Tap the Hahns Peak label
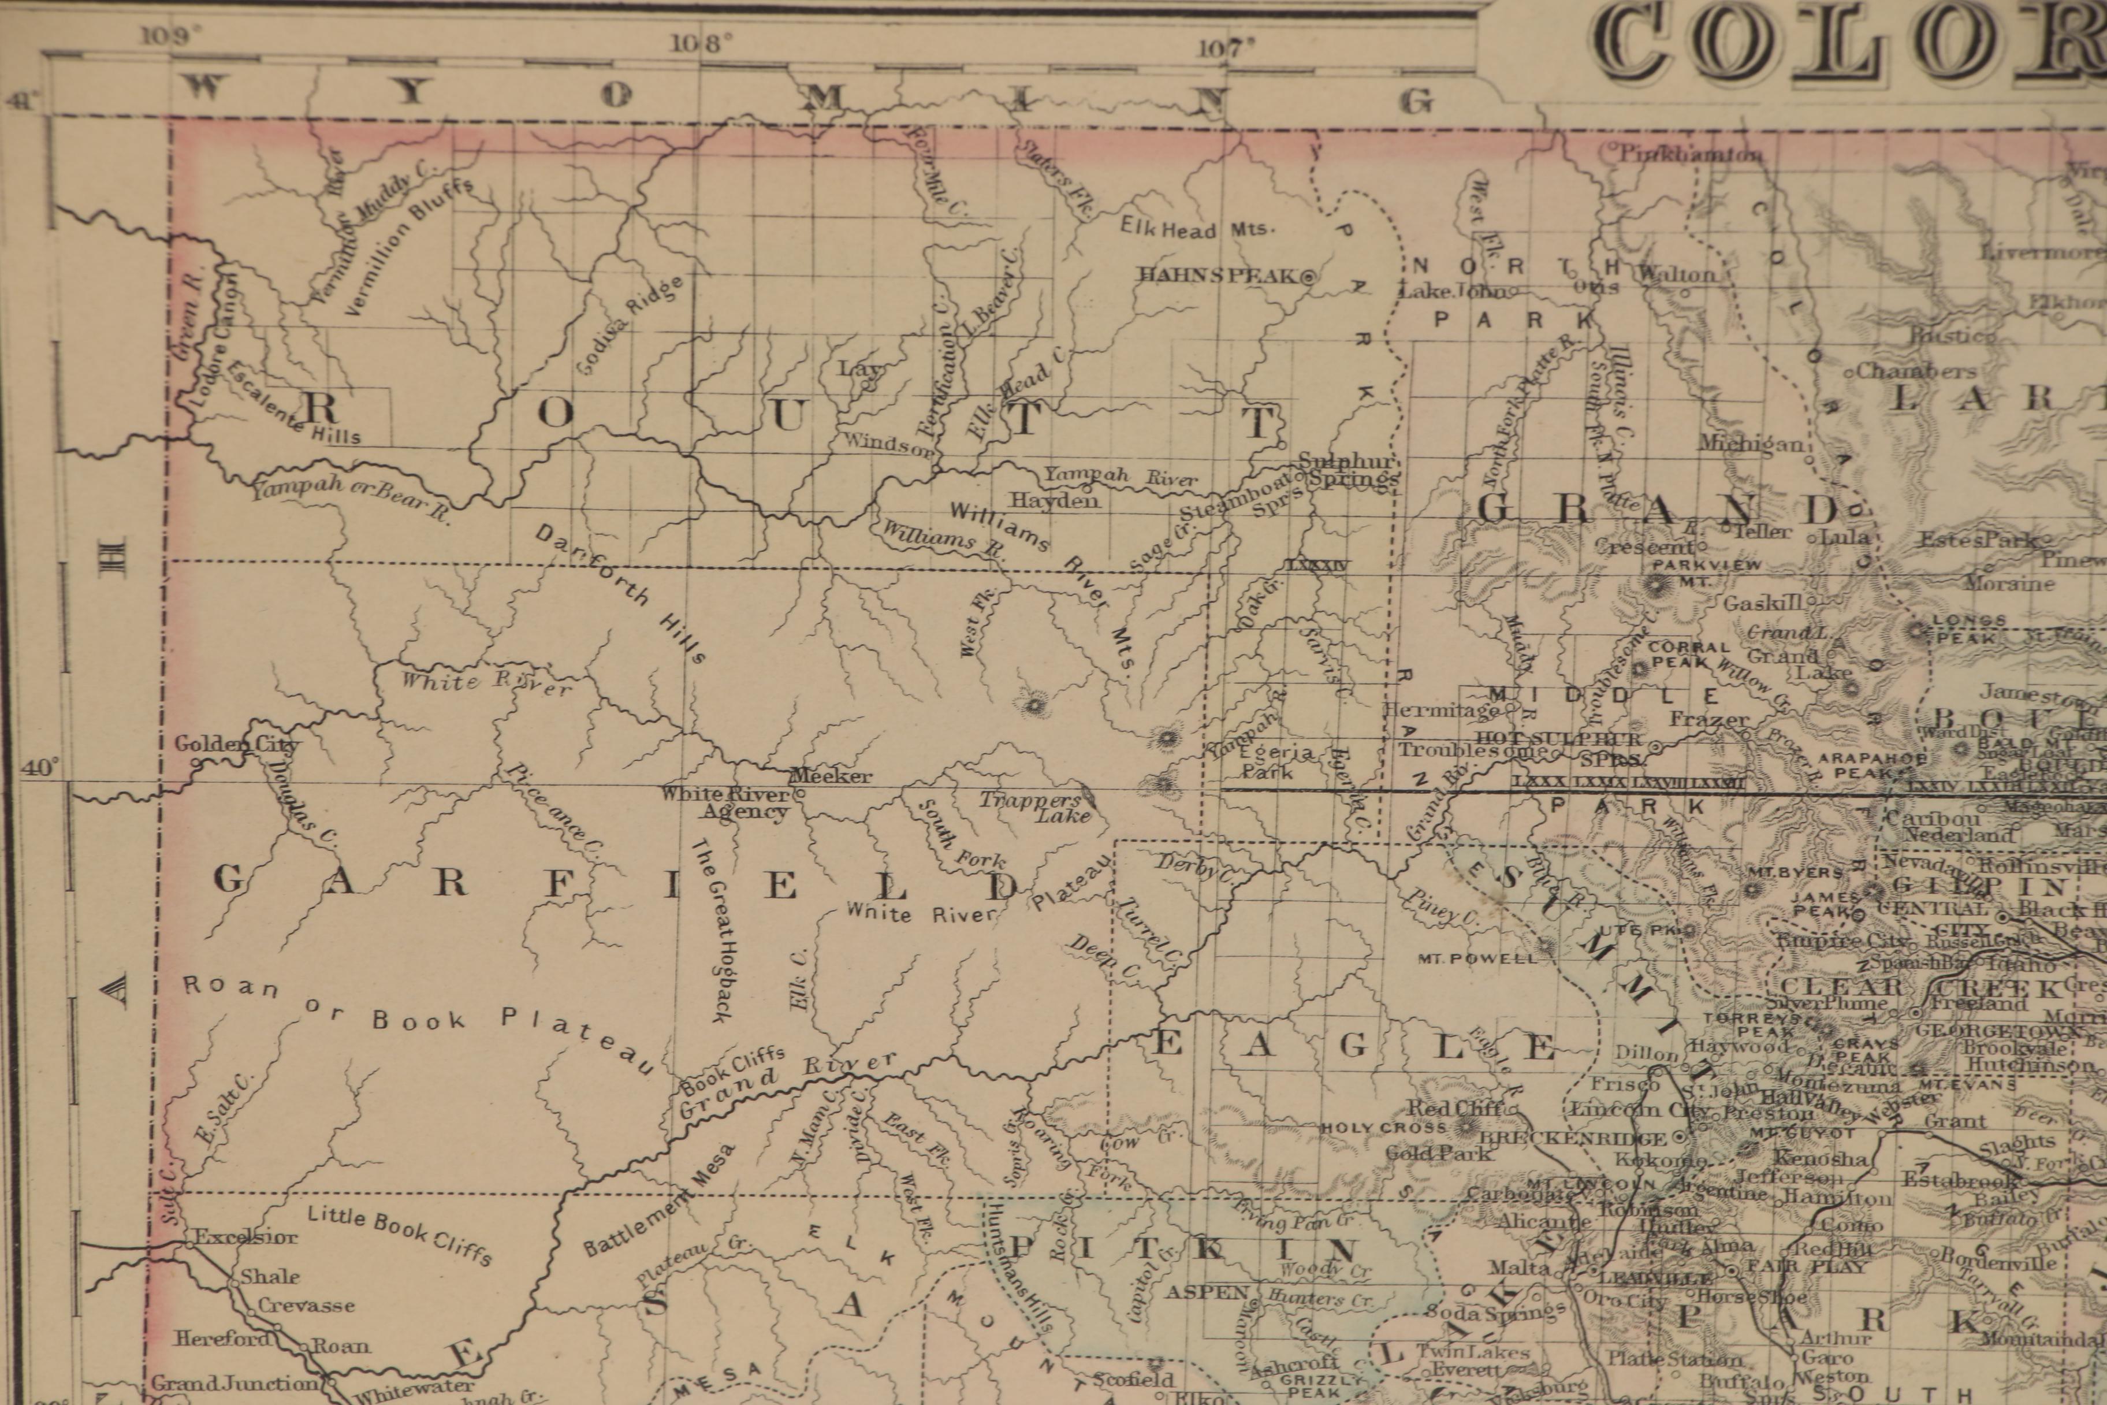click(1218, 275)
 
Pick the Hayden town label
click(1055, 500)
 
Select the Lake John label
click(1453, 291)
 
